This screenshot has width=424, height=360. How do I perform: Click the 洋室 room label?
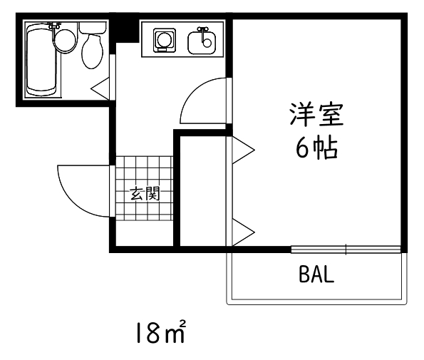point(316,115)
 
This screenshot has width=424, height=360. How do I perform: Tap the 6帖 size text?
point(316,148)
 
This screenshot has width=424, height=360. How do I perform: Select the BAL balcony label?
point(316,274)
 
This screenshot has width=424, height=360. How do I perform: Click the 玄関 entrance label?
point(145,194)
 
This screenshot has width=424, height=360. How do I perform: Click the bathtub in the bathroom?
point(41,59)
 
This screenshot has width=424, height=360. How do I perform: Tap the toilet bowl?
point(93,51)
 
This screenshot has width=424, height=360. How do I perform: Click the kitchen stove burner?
point(164,40)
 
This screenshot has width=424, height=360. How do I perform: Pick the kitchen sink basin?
point(202,43)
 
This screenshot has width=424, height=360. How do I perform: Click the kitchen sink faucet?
point(203,34)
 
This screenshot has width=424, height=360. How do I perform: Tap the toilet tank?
point(93,28)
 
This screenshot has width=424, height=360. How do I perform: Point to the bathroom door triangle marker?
point(100,88)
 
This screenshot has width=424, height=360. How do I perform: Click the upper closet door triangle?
point(243,150)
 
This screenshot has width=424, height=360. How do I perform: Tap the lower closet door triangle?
point(243,232)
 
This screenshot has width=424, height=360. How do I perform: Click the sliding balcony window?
point(346,250)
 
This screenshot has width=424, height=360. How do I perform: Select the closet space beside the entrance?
point(203,191)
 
